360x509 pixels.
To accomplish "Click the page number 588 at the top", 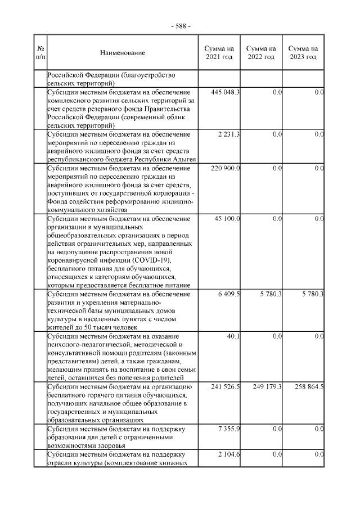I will (x=181, y=26).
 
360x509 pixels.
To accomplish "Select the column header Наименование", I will (x=123, y=53).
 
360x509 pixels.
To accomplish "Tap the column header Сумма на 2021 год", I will (x=219, y=53).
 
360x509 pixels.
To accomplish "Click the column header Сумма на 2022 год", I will (x=261, y=53).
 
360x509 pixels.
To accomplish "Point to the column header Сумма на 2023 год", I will (x=303, y=53).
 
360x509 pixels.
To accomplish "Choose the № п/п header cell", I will (x=40, y=53).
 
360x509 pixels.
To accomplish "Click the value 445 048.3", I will (x=225, y=92).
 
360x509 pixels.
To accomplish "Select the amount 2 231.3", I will (x=229, y=134).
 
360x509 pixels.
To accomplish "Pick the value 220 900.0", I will (x=225, y=168).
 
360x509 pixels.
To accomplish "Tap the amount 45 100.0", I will (x=227, y=218).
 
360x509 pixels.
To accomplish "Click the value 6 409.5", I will (x=229, y=294).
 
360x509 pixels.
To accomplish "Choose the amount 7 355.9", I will (x=229, y=429).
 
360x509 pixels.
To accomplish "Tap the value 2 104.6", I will (x=229, y=454).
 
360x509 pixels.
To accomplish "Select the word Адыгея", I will (x=183, y=160).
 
